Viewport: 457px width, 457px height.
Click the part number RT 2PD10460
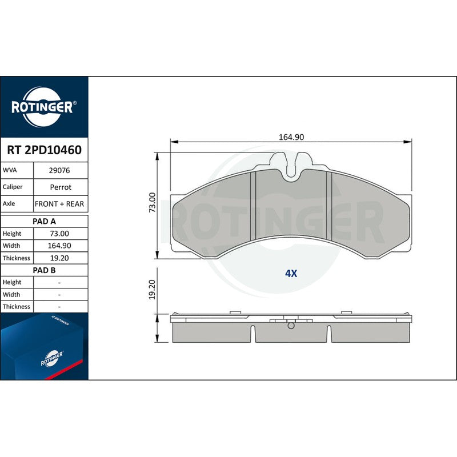coord(45,150)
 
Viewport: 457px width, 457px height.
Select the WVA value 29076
coord(59,170)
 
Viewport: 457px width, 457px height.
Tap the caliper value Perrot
coord(61,187)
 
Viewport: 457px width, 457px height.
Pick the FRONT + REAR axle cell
coord(59,204)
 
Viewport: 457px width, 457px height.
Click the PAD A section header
coord(45,221)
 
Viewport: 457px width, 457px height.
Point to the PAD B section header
coord(45,270)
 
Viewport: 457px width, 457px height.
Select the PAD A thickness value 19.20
coord(59,258)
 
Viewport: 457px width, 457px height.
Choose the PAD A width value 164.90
coord(59,246)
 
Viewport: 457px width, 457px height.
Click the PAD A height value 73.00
coord(59,234)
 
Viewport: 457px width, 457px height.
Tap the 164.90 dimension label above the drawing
coord(291,137)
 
